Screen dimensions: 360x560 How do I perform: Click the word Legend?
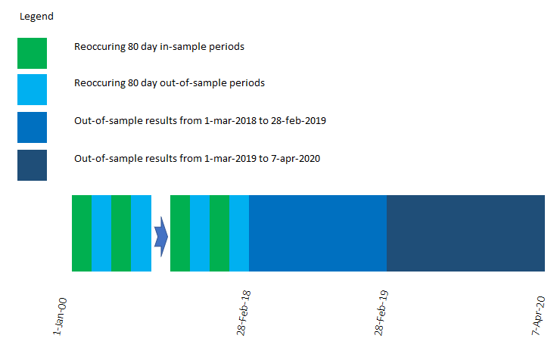pyautogui.click(x=36, y=16)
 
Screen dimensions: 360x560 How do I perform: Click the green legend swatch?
pyautogui.click(x=32, y=53)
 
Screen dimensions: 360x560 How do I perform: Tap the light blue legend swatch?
pyautogui.click(x=32, y=89)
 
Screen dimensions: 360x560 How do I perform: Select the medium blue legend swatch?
pyautogui.click(x=32, y=127)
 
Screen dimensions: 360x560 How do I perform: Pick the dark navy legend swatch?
pyautogui.click(x=32, y=165)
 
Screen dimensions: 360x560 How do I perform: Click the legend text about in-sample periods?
pyautogui.click(x=159, y=47)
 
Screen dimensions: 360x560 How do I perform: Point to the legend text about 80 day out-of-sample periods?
pyautogui.click(x=170, y=83)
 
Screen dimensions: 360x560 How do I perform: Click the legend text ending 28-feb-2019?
pyautogui.click(x=201, y=120)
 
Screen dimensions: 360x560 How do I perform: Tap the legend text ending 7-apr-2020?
pyautogui.click(x=198, y=158)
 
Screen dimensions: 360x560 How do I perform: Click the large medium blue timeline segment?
pyautogui.click(x=318, y=233)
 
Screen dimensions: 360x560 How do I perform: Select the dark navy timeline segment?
pyautogui.click(x=465, y=233)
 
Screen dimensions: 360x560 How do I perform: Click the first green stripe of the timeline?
pyautogui.click(x=82, y=233)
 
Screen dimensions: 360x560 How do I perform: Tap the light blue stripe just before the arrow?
pyautogui.click(x=141, y=233)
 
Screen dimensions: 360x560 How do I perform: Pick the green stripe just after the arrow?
pyautogui.click(x=180, y=233)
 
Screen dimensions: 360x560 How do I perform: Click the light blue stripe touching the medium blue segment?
pyautogui.click(x=239, y=233)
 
